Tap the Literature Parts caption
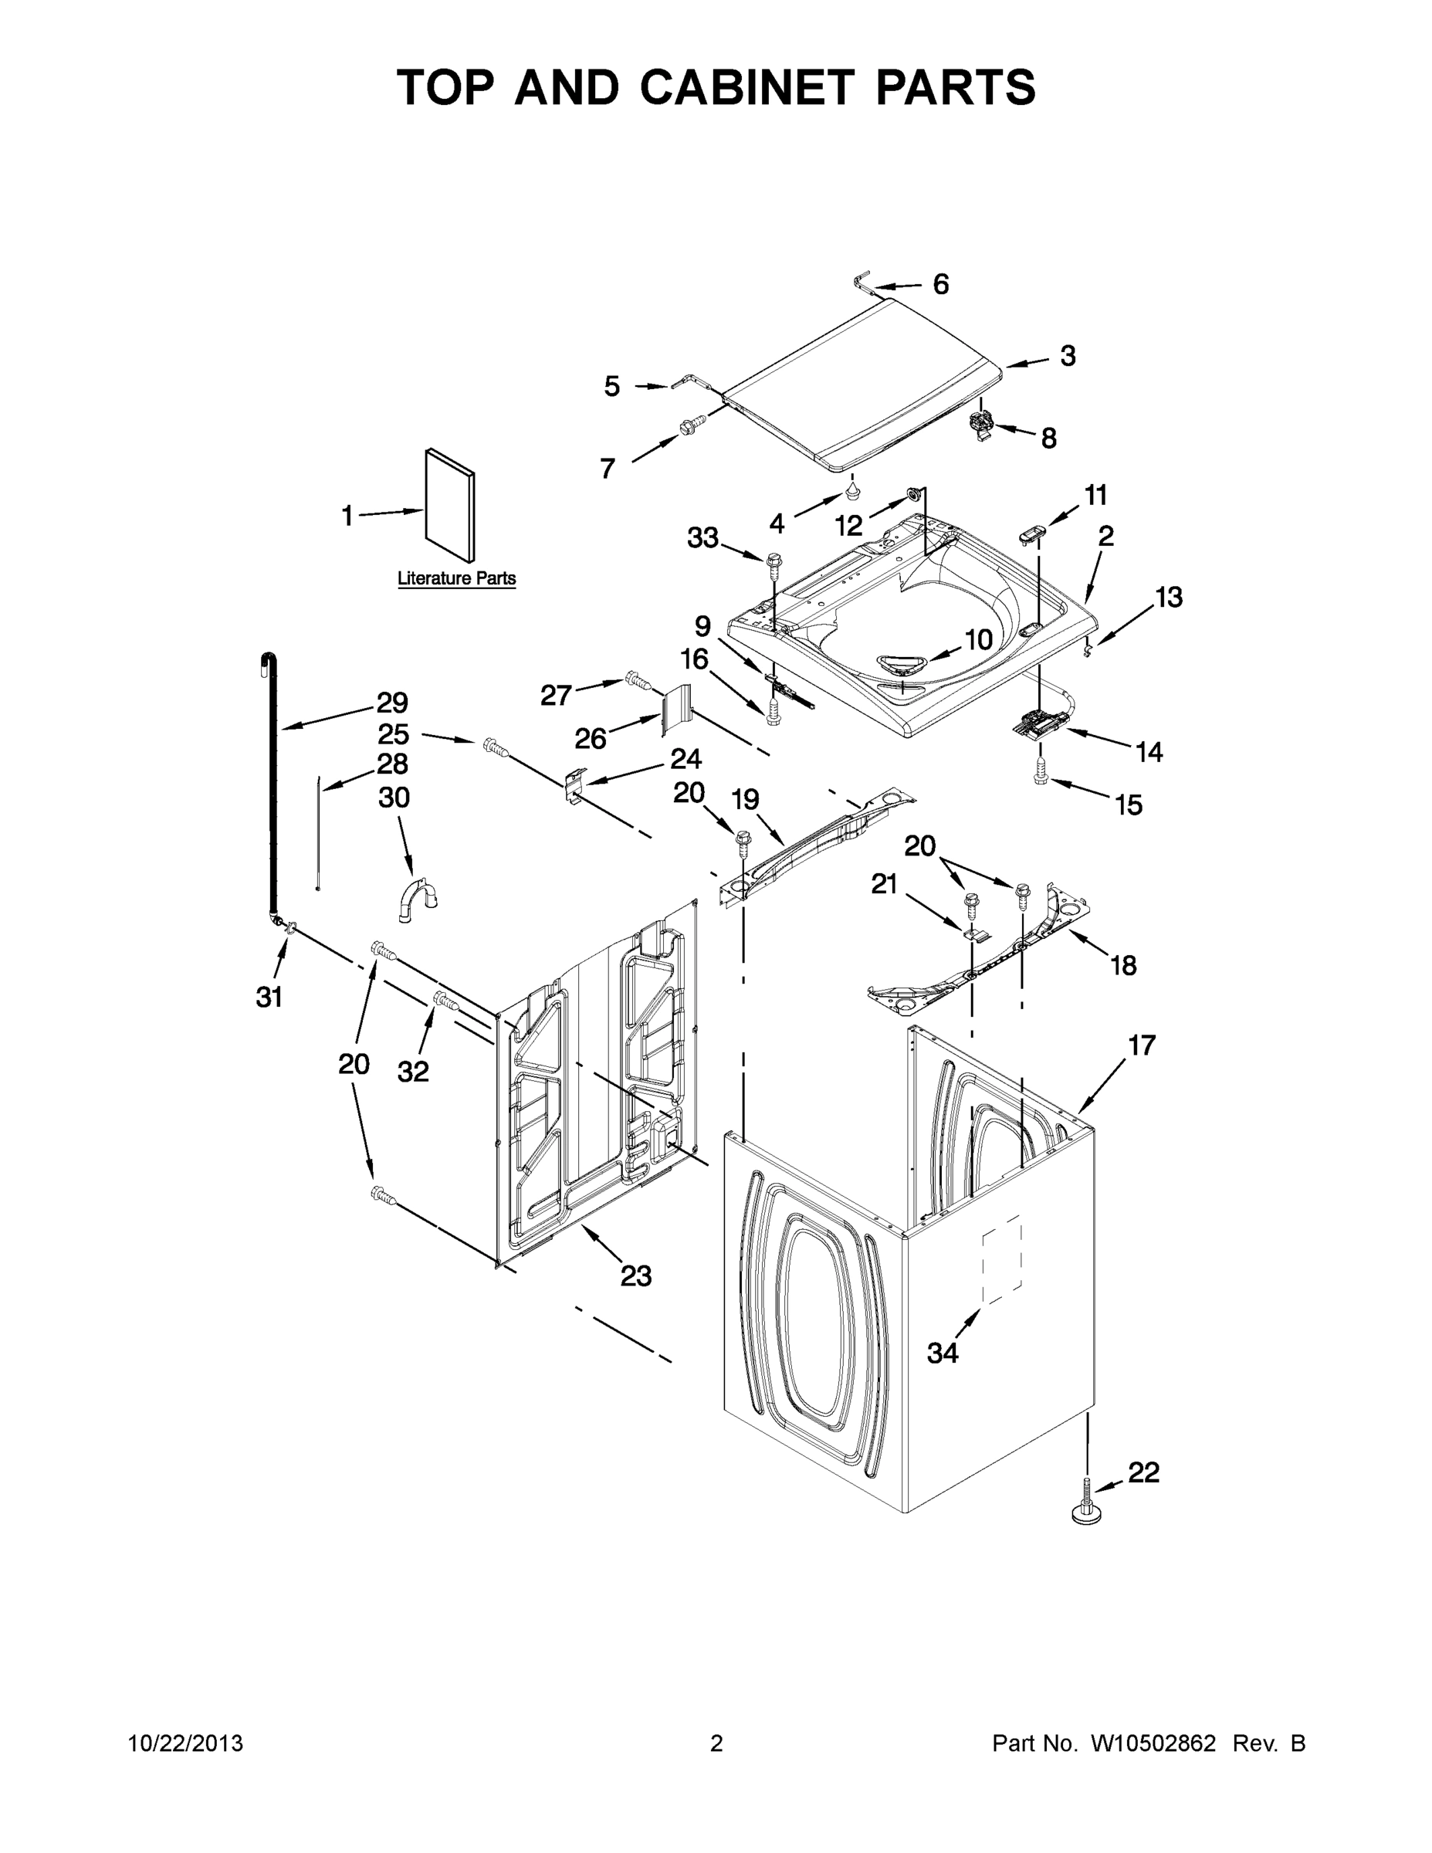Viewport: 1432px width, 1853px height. point(456,578)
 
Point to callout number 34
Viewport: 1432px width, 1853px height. point(943,1353)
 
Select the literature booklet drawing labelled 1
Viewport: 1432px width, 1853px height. point(449,504)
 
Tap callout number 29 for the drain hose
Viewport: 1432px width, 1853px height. point(393,703)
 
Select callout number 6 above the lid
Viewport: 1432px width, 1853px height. point(941,284)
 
